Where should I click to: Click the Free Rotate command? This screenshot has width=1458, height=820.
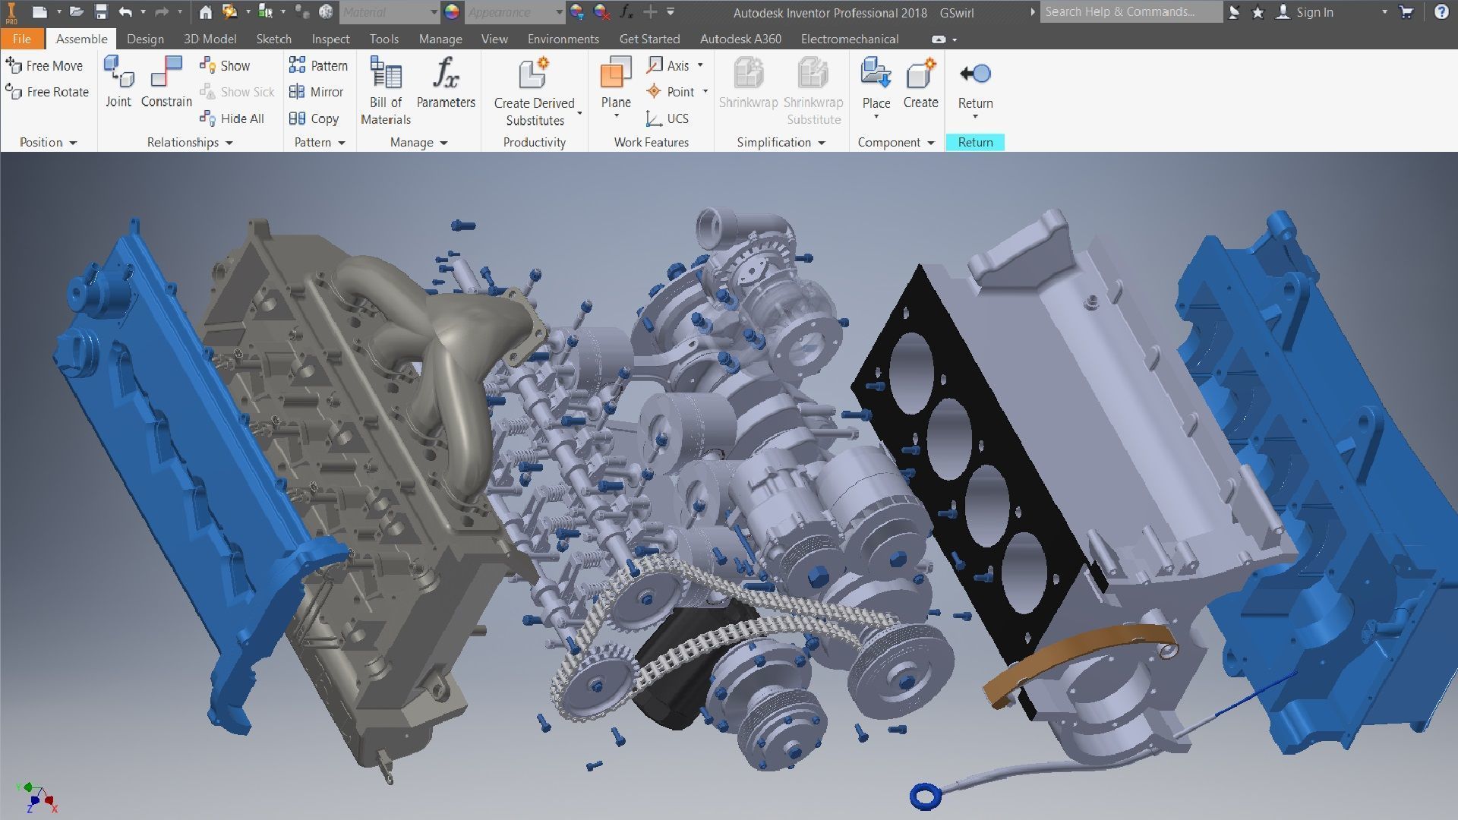(47, 92)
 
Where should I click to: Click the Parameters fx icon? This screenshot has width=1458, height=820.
(446, 74)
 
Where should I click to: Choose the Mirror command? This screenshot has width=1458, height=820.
(317, 92)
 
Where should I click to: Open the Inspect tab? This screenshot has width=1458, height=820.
(330, 39)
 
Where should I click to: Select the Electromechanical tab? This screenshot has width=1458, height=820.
(849, 39)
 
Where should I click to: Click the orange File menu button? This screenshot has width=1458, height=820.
(21, 39)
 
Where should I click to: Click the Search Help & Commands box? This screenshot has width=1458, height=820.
(1130, 12)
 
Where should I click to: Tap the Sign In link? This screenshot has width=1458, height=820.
(1314, 12)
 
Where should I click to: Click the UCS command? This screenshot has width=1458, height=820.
(667, 118)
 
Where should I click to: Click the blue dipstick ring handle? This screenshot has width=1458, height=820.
(925, 796)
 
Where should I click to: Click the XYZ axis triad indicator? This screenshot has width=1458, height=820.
(35, 796)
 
